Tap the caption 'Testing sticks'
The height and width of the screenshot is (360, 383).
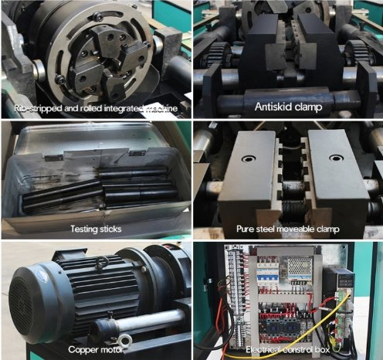(97, 229)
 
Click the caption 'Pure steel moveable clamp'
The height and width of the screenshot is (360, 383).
(286, 229)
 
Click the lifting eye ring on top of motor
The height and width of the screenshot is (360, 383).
(100, 263)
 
